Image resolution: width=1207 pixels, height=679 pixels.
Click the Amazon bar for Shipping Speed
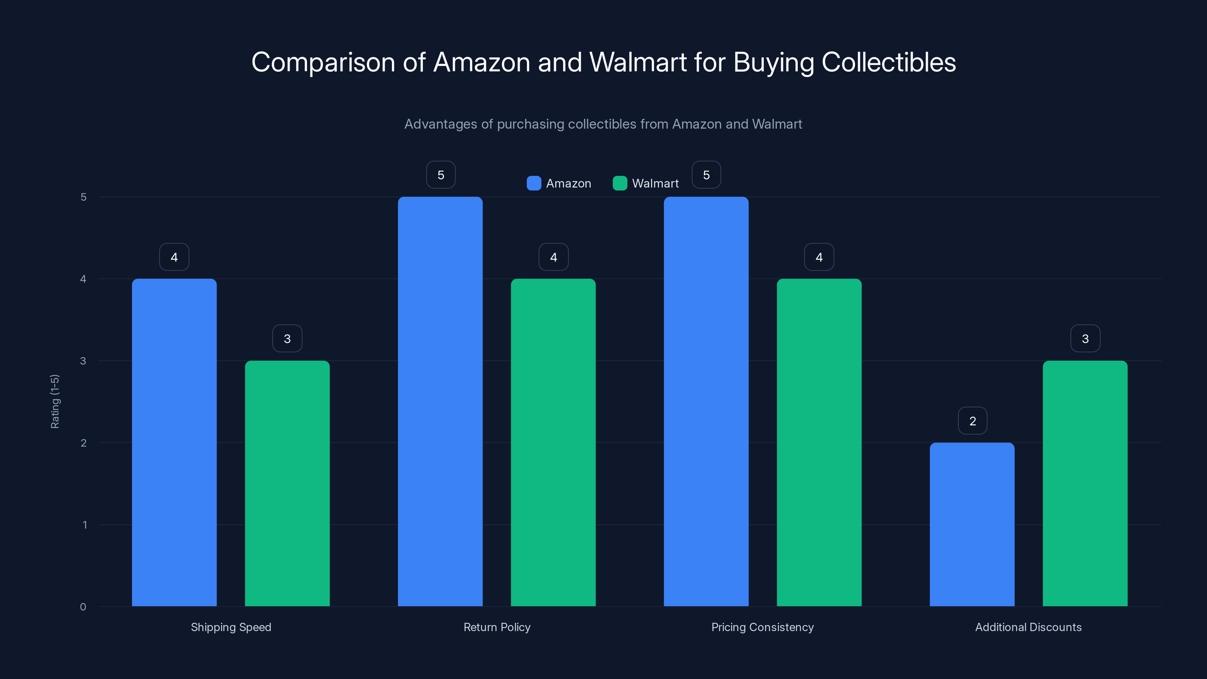pos(174,442)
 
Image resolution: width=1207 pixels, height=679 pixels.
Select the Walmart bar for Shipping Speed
pos(287,483)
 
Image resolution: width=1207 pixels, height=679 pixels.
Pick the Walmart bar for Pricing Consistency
pos(819,442)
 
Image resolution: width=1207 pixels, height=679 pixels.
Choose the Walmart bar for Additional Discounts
pos(1085,483)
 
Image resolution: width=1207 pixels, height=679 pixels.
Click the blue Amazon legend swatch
pos(534,183)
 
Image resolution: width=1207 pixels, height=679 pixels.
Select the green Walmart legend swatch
pos(619,183)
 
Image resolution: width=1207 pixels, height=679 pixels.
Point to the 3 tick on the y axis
pos(83,361)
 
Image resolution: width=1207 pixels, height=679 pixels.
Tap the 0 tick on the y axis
pos(83,607)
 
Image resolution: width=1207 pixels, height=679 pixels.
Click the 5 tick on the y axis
pos(83,197)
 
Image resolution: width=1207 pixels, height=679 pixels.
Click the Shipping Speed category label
pos(231,627)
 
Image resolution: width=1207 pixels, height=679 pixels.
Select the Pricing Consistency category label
pos(762,627)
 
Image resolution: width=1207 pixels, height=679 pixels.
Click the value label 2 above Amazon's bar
pos(972,421)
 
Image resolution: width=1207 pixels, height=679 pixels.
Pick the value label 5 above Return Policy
pos(441,175)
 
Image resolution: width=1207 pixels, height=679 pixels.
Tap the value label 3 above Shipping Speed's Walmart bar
pos(287,338)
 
